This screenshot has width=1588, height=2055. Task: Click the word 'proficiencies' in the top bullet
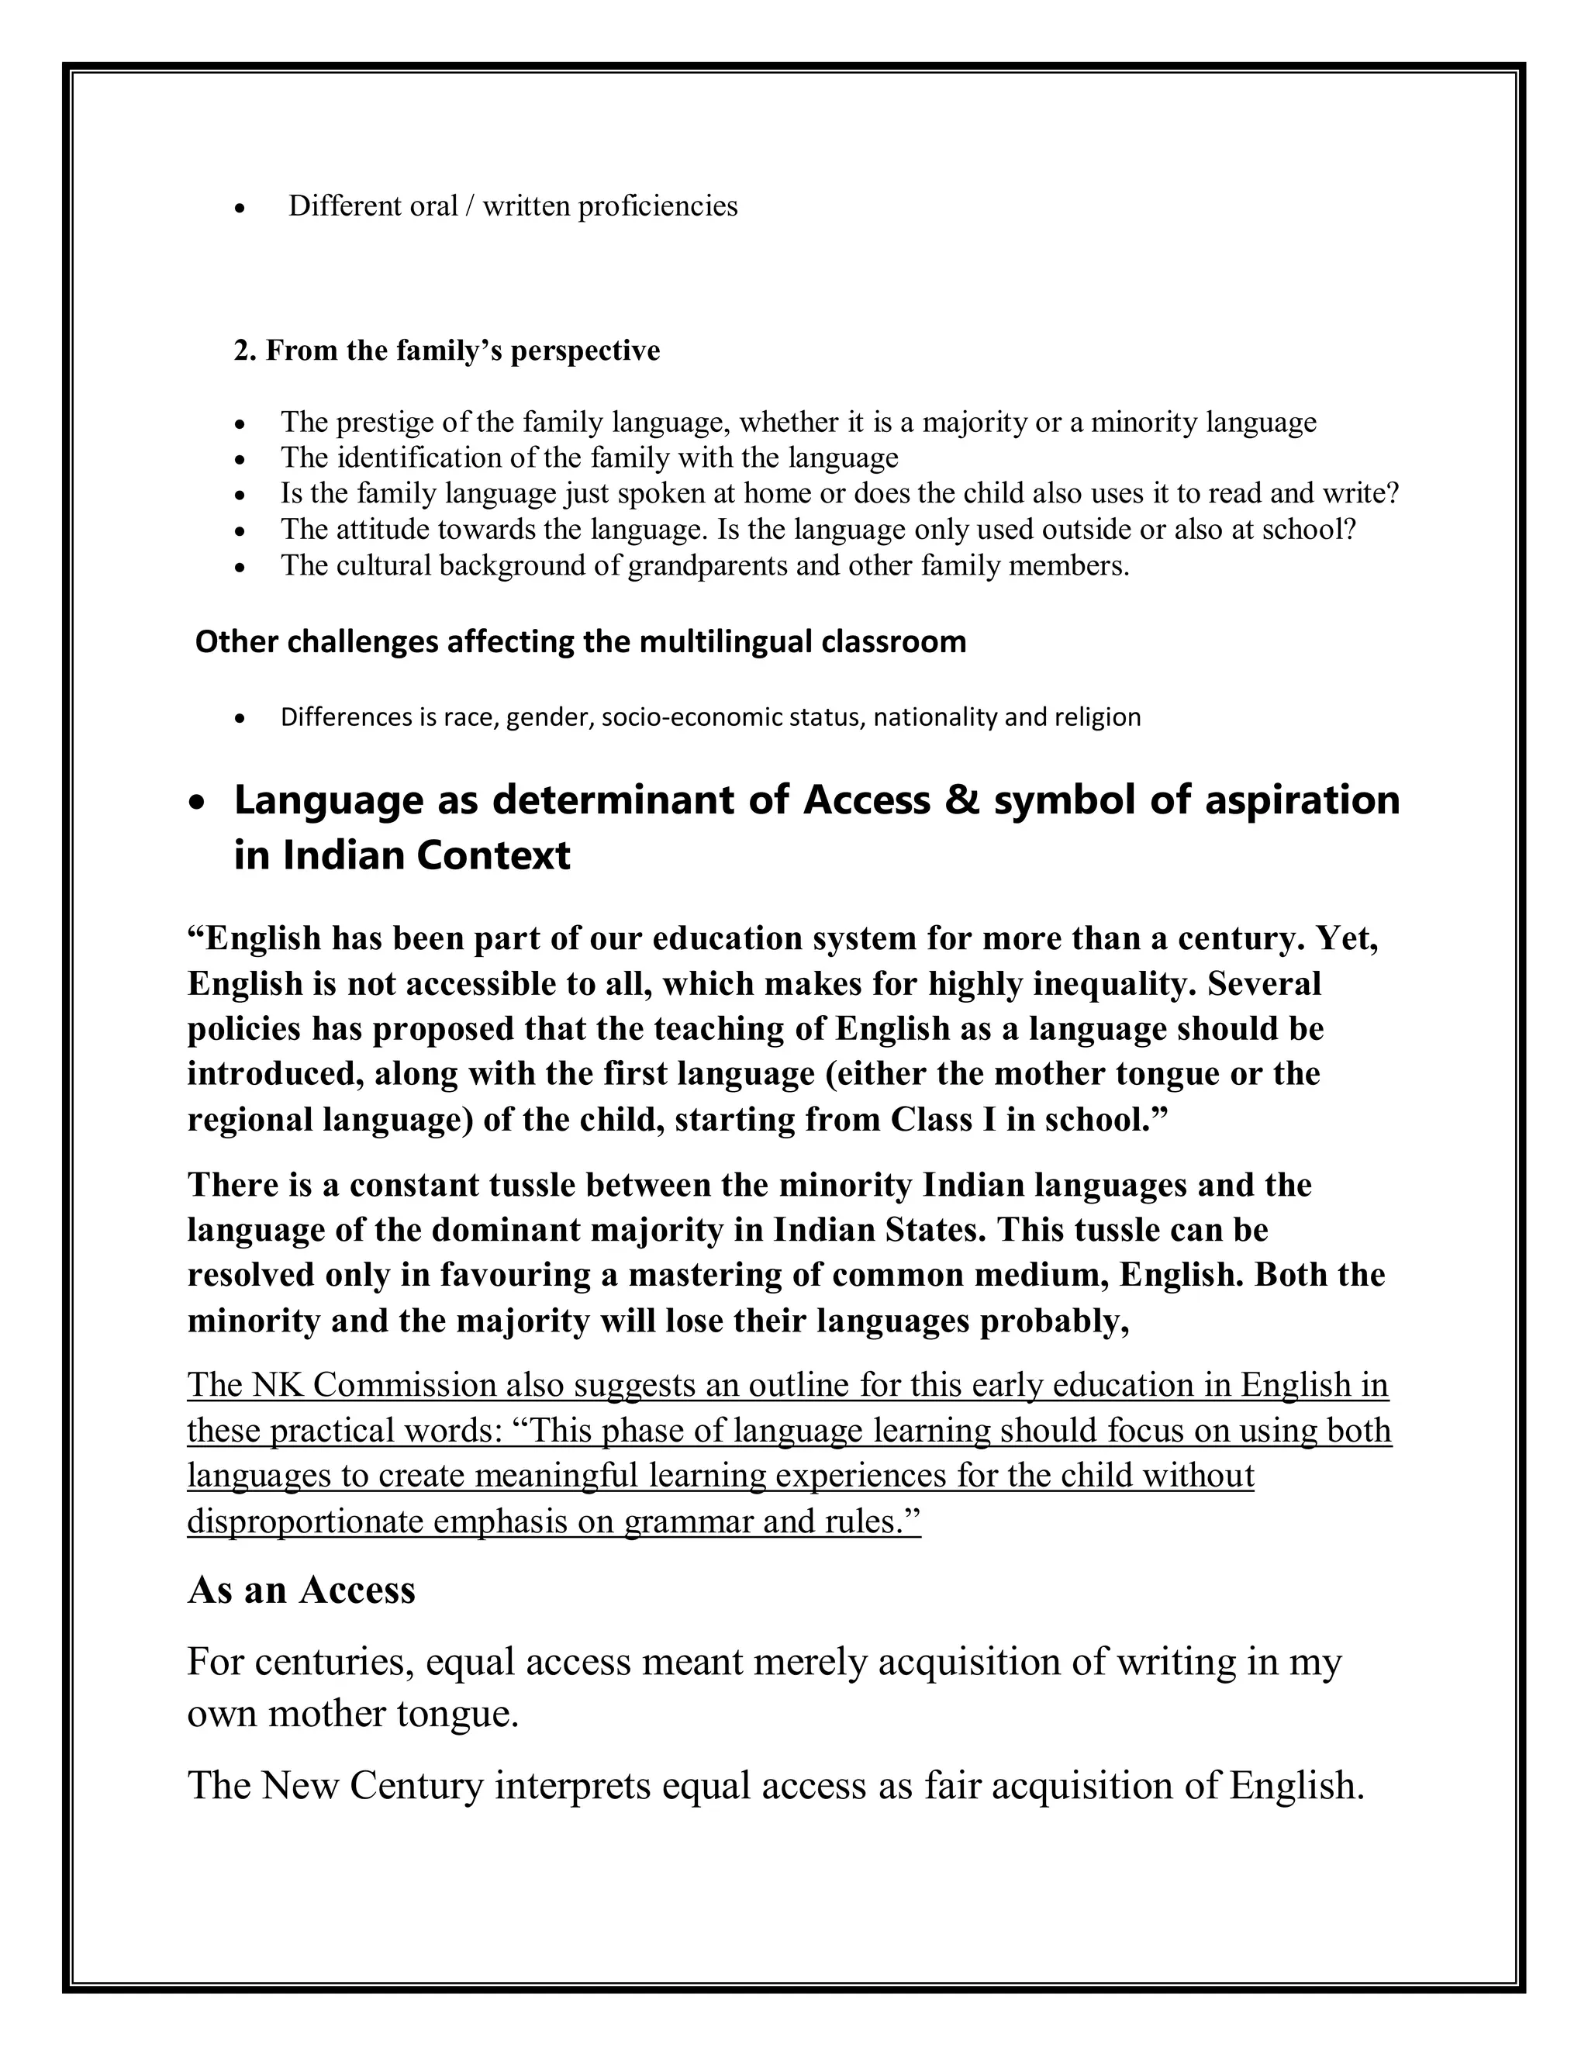point(658,206)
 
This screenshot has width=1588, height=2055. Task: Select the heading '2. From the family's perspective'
point(447,351)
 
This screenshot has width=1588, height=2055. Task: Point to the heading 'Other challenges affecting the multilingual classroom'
point(581,642)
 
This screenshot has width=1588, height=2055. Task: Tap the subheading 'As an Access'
point(301,1590)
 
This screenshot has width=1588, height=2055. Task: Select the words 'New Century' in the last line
point(372,1785)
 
